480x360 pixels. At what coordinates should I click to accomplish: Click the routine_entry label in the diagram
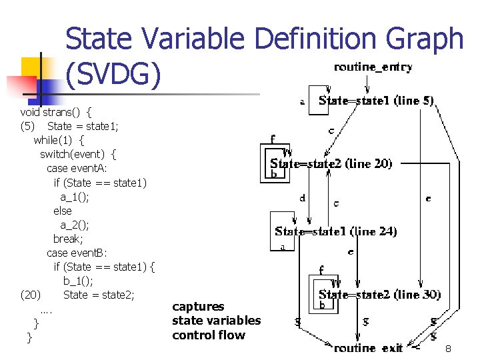tap(373, 67)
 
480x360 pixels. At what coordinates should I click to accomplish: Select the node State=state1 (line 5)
tap(377, 101)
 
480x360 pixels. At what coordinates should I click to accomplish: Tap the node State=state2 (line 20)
tap(331, 163)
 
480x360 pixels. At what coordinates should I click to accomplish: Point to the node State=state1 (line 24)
tap(336, 232)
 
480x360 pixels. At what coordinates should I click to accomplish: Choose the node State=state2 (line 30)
tap(379, 294)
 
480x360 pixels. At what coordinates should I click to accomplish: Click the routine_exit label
tap(369, 348)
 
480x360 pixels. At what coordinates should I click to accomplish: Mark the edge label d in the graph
tap(303, 198)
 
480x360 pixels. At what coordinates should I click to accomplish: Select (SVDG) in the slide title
tap(113, 75)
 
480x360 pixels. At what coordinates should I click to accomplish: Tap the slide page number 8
tap(449, 349)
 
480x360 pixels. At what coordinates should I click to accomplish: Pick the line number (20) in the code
tap(30, 295)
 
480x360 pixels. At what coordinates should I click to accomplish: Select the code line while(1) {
tap(59, 140)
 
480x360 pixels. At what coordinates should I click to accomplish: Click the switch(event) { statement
tap(78, 154)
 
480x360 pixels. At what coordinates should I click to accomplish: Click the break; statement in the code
tap(68, 239)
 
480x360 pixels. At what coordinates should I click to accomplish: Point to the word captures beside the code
tap(198, 307)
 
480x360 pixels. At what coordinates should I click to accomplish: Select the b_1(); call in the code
tap(79, 281)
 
